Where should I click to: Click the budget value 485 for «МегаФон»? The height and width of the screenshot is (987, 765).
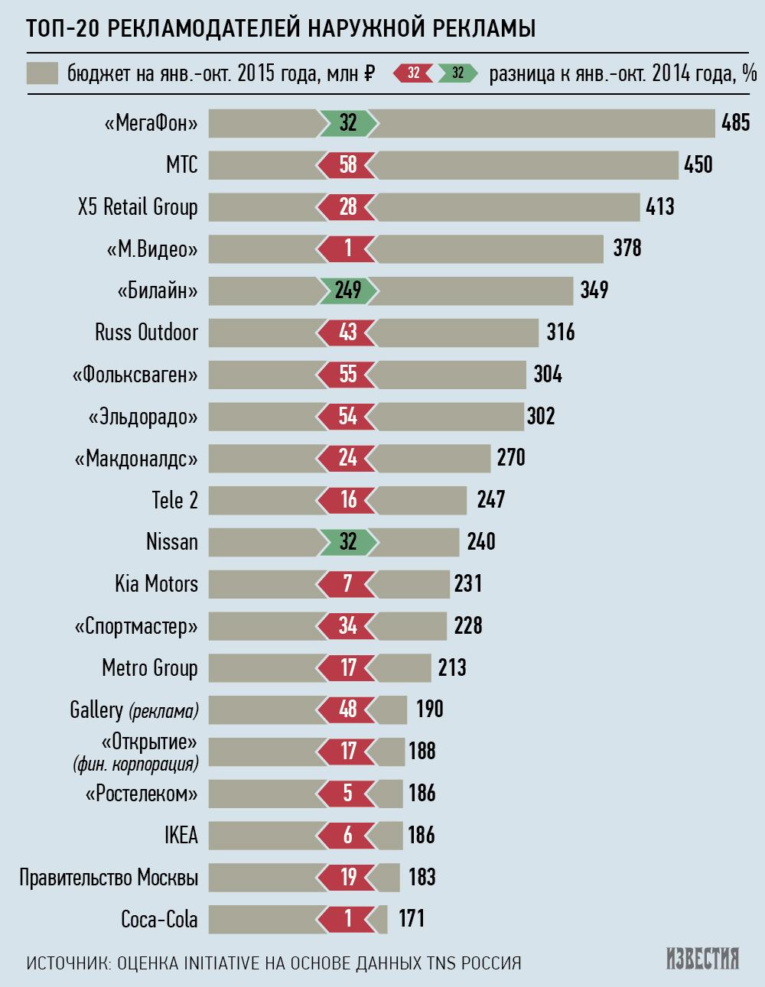(736, 122)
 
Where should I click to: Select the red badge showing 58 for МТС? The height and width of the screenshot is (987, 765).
(348, 164)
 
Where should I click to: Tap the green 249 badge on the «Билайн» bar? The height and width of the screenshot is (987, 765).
(348, 291)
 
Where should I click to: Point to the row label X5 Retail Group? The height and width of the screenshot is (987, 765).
(138, 206)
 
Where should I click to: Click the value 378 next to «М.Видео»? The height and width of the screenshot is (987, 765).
(627, 248)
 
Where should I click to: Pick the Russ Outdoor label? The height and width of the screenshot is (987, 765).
(146, 333)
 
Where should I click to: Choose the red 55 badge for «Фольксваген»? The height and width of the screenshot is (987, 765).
(348, 375)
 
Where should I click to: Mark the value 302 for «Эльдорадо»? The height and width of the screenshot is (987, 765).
(541, 417)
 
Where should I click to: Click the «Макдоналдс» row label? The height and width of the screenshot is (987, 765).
(137, 459)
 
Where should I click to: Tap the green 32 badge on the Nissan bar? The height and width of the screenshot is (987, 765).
(348, 542)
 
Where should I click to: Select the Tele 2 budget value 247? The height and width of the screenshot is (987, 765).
(490, 500)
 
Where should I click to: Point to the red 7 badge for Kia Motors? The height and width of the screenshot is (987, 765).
(348, 584)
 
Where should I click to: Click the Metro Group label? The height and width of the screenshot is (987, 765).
(150, 668)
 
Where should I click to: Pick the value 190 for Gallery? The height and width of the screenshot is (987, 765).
(430, 709)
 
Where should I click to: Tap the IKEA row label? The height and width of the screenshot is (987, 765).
(181, 836)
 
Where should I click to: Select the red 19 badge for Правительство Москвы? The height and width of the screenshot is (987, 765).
(348, 877)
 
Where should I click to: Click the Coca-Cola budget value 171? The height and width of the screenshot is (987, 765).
(412, 918)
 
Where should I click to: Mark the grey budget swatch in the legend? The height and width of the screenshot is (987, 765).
(43, 73)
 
